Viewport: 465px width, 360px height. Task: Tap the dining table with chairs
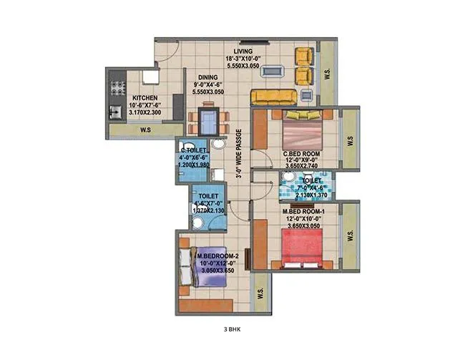tap(208, 117)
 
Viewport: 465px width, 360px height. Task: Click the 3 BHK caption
tap(232, 330)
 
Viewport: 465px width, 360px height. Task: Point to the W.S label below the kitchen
tap(145, 130)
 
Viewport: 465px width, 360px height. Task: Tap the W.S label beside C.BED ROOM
tap(350, 142)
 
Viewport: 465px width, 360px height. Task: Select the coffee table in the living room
tap(272, 71)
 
